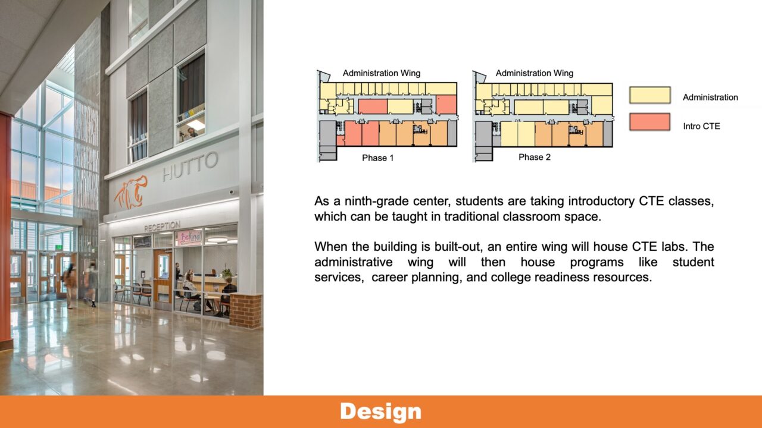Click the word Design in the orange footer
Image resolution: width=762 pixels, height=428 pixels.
380,411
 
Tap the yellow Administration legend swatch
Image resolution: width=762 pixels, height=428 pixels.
649,96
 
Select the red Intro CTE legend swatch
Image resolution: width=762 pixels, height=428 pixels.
649,122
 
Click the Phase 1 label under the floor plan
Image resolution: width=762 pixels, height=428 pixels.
377,158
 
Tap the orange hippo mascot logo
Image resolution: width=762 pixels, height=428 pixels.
131,191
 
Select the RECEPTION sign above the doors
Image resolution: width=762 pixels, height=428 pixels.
161,226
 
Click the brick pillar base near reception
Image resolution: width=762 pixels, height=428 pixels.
245,310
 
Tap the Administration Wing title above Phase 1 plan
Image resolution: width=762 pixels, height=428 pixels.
381,73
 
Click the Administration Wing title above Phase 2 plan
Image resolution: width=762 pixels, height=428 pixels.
534,73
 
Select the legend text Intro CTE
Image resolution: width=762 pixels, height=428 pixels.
701,126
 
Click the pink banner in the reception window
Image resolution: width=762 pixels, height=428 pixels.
188,237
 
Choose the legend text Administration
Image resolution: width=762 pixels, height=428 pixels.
710,97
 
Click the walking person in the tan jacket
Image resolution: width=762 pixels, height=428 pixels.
70,284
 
